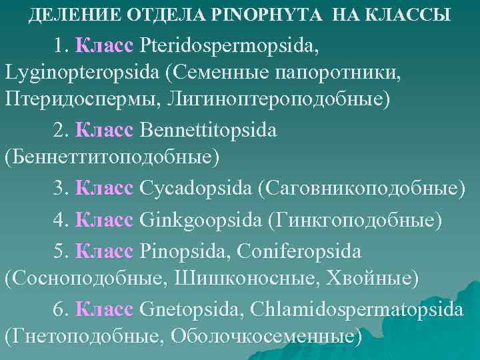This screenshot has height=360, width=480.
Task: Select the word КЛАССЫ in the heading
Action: pyautogui.click(x=413, y=13)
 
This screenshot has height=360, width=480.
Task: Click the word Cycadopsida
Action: pyautogui.click(x=195, y=188)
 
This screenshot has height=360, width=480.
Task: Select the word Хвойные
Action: pyautogui.click(x=371, y=278)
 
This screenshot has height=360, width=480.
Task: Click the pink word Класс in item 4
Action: pyautogui.click(x=106, y=219)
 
